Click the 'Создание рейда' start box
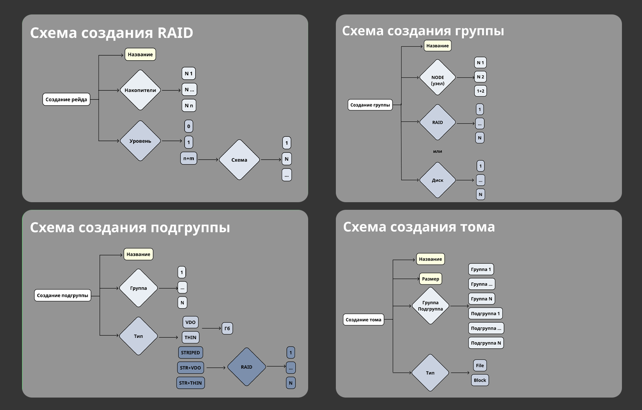[x=66, y=99]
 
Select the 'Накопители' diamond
[x=140, y=90]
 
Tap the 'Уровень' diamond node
[x=140, y=141]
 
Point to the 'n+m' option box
[x=189, y=158]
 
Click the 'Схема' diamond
[x=239, y=160]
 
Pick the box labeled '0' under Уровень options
[x=189, y=126]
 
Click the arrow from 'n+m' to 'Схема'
[x=208, y=160]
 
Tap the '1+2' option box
[x=480, y=91]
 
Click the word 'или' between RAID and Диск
[x=437, y=151]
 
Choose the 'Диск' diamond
[x=437, y=180]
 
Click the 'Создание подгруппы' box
[x=63, y=295]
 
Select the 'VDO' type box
[x=191, y=322]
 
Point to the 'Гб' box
[x=227, y=329]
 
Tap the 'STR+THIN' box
[x=191, y=383]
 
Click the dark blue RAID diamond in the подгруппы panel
[x=246, y=367]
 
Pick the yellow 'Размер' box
[x=431, y=279]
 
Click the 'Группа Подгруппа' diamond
[x=430, y=306]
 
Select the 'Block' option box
[x=480, y=380]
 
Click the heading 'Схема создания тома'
[x=419, y=227]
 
